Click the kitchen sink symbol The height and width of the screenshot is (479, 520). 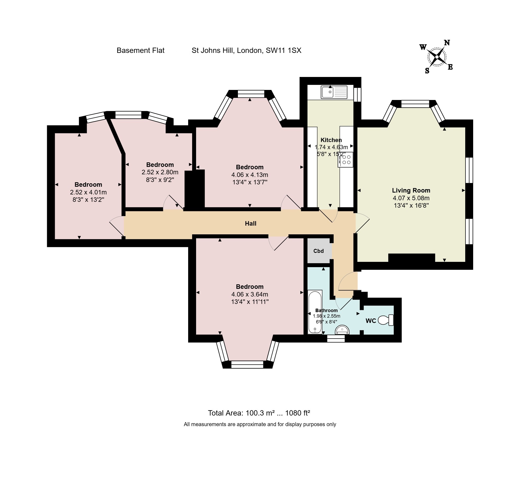(334, 92)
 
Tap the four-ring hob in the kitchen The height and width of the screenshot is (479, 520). (346, 159)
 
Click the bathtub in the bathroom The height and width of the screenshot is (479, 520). (315, 312)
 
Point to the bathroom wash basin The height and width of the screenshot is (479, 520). (342, 330)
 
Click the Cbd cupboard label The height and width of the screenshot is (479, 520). (318, 251)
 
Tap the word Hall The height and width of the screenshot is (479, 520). (250, 223)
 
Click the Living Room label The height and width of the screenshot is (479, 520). (411, 190)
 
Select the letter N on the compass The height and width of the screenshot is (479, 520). (447, 43)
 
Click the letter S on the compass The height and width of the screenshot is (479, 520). (427, 71)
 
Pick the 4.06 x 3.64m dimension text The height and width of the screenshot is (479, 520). (250, 294)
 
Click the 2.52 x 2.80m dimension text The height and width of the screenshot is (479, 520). (160, 172)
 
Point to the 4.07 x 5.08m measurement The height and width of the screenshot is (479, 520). (411, 198)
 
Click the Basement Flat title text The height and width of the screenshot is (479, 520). (141, 51)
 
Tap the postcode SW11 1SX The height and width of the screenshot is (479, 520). (283, 51)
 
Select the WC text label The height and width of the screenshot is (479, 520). (370, 321)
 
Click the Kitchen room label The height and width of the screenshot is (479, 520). (331, 140)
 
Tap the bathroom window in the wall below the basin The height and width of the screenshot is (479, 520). (336, 339)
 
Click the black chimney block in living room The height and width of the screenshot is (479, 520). (411, 258)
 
